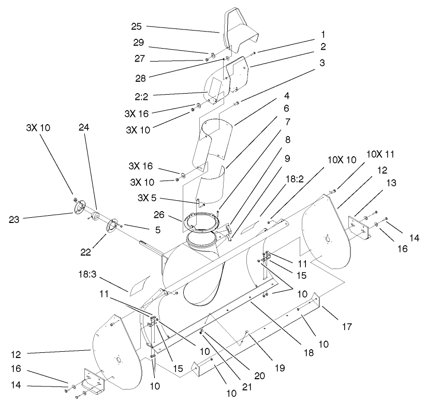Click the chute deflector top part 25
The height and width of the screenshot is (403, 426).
pos(240,34)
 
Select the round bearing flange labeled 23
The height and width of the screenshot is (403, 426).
pos(78,208)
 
